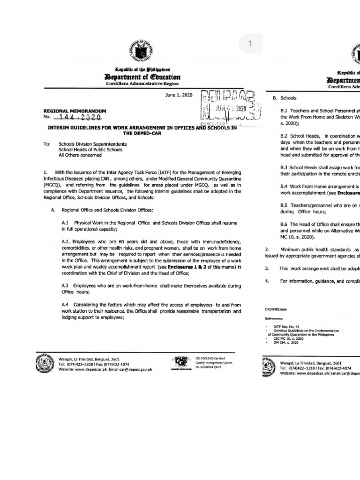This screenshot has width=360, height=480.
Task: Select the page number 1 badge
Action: click(x=250, y=44)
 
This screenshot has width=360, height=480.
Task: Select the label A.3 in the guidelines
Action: click(x=66, y=285)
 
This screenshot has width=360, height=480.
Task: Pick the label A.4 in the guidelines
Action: click(x=66, y=304)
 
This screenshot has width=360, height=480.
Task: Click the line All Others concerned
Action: click(x=80, y=155)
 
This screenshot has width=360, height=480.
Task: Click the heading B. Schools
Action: click(x=284, y=98)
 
